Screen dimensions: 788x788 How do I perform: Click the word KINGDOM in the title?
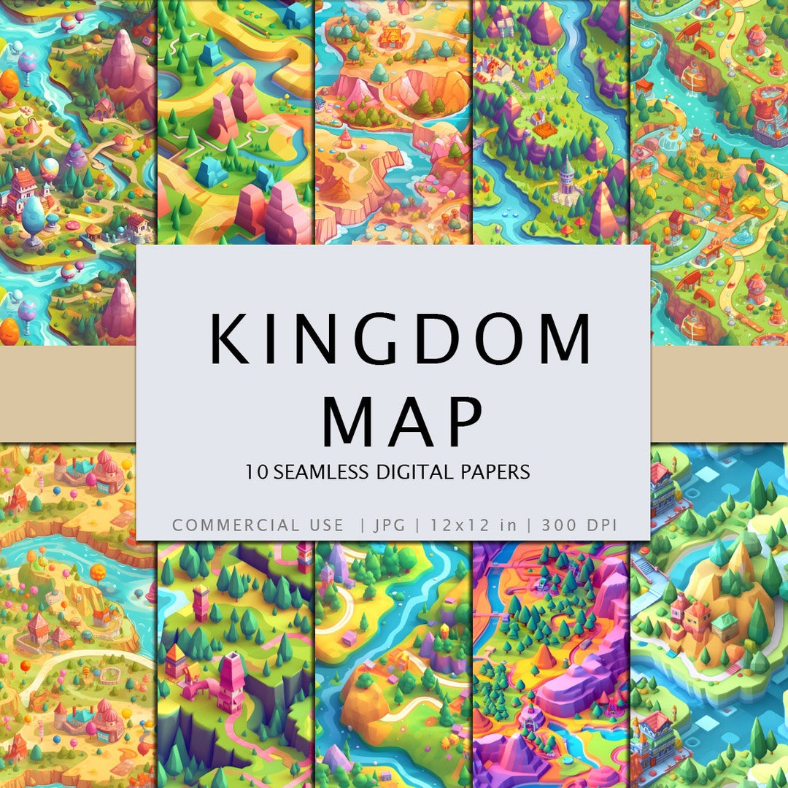(400, 339)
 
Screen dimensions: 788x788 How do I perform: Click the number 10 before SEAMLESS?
(256, 472)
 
